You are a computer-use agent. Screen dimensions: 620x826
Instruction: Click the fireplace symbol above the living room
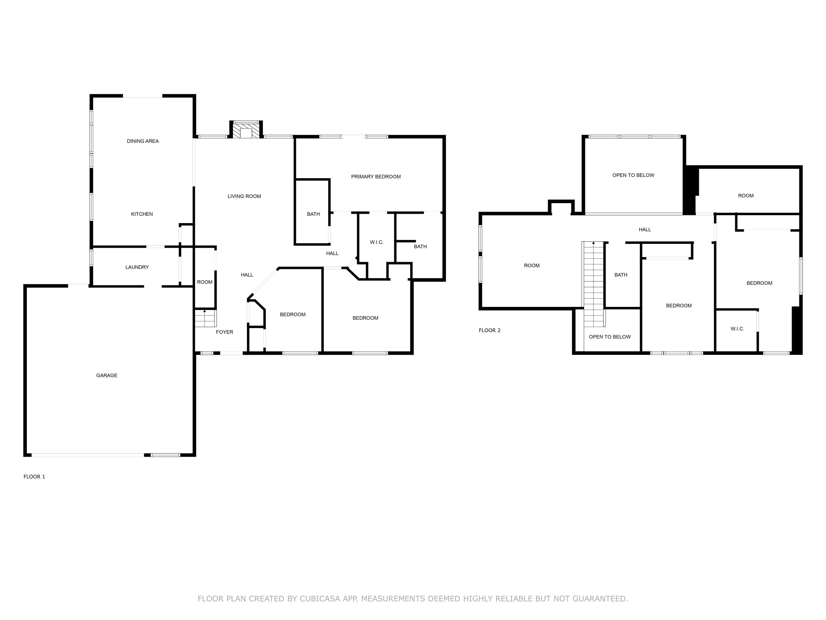coord(246,131)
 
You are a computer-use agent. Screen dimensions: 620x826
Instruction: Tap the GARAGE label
coord(107,375)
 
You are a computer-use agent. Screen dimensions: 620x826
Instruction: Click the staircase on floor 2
coord(593,284)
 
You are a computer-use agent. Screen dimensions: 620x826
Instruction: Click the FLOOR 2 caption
coord(489,330)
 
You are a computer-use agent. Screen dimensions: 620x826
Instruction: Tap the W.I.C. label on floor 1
coord(376,242)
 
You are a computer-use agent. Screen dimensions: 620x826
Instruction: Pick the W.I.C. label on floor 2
coord(737,328)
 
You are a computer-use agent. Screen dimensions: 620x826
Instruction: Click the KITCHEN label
coord(142,214)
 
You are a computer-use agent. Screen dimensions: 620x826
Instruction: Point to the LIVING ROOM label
coord(244,196)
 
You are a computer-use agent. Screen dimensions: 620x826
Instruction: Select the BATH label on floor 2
coord(621,275)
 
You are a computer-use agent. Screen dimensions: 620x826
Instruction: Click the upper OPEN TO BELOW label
coord(633,175)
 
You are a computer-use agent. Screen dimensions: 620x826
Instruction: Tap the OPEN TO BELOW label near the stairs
coord(609,337)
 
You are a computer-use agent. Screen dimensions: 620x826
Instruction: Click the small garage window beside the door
coord(165,455)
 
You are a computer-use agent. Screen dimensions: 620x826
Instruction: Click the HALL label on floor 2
coord(645,230)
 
